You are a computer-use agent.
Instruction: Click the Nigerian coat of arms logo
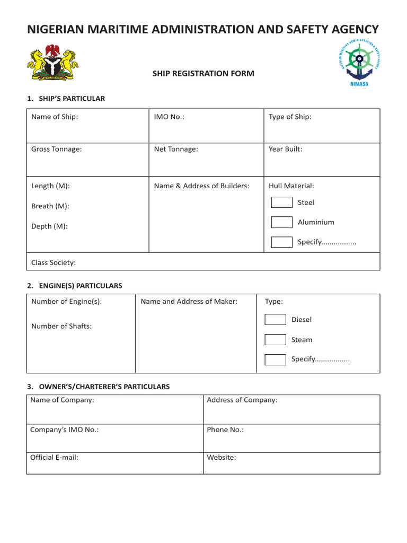[x=52, y=63]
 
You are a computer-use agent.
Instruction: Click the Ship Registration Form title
[x=203, y=74]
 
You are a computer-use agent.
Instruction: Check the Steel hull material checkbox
[x=281, y=202]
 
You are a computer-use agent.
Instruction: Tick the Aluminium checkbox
[x=281, y=222]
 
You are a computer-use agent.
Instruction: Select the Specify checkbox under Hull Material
[x=281, y=242]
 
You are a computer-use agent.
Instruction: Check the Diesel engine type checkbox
[x=275, y=319]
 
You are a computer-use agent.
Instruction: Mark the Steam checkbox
[x=275, y=339]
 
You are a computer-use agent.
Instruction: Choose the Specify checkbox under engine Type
[x=275, y=360]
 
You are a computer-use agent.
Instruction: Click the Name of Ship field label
[x=55, y=117]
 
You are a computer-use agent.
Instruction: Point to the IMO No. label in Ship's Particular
[x=169, y=117]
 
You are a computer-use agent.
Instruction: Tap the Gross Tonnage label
[x=57, y=149]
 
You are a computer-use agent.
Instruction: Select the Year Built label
[x=285, y=149]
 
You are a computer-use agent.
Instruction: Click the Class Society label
[x=54, y=262]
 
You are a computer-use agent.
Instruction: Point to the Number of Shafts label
[x=61, y=326]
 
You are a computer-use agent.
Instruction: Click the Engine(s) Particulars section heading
[x=75, y=286]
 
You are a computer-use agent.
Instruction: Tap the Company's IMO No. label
[x=64, y=430]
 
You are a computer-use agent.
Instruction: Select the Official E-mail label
[x=54, y=457]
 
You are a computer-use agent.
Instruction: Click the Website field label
[x=222, y=457]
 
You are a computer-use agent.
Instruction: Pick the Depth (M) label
[x=49, y=226]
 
